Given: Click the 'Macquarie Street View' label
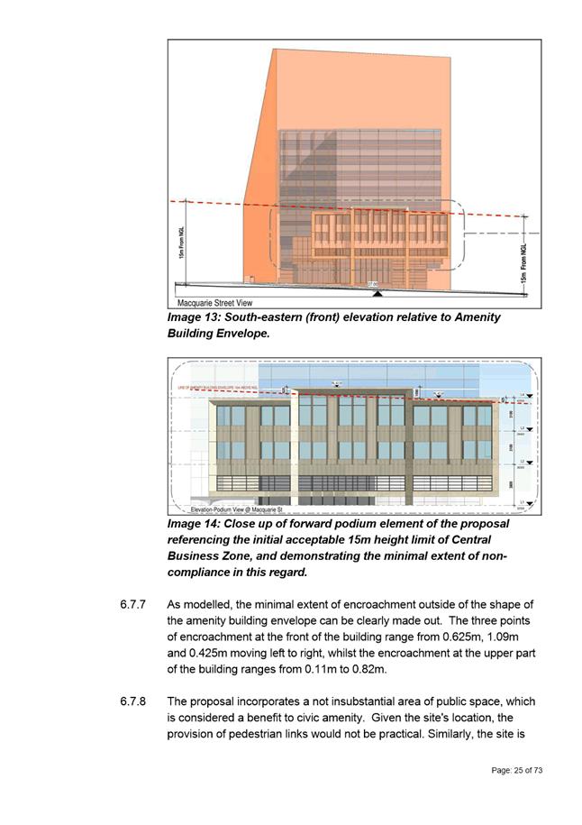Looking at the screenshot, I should tap(215, 303).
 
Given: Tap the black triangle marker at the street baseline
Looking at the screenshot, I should tap(377, 293).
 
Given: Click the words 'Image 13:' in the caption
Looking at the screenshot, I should tap(194, 317).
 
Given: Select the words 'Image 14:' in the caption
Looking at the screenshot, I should tap(194, 523).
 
